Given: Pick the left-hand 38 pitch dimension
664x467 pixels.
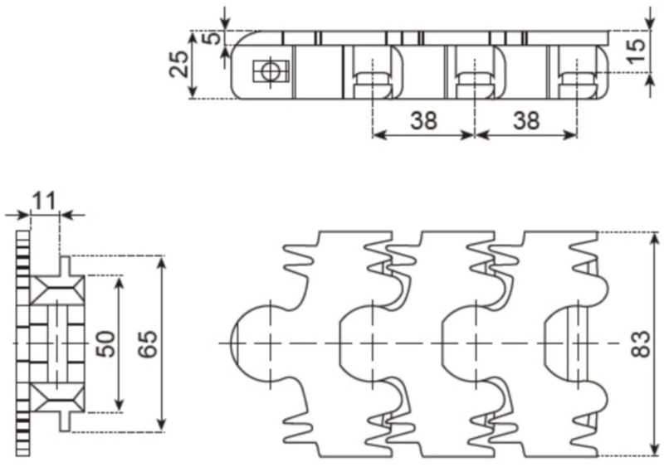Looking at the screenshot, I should coord(423,120).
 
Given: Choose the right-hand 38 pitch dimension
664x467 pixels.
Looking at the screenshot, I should coord(525,120).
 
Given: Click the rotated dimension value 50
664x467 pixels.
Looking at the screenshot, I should coord(106,343).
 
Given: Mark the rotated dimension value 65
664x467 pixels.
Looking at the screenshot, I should coord(147,343).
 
